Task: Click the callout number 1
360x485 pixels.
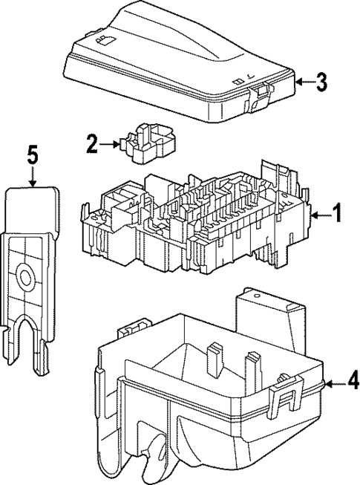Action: click(336, 215)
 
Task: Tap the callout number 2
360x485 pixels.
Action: click(91, 144)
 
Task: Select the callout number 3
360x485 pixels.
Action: click(321, 82)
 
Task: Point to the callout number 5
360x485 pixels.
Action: click(32, 156)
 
